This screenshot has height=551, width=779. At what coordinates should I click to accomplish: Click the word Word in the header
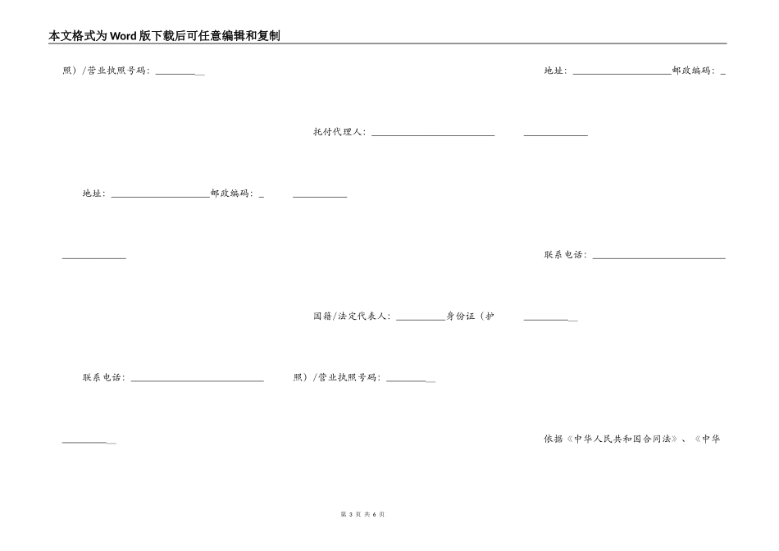(123, 36)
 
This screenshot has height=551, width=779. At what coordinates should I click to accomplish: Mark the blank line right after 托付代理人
(433, 135)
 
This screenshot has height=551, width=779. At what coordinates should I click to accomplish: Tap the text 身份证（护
(470, 316)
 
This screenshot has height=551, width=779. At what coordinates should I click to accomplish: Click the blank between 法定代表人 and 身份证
(421, 320)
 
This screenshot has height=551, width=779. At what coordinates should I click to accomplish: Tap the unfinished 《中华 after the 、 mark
(708, 439)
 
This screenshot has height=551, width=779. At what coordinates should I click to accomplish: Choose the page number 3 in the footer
(351, 514)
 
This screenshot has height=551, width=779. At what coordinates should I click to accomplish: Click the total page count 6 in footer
(374, 514)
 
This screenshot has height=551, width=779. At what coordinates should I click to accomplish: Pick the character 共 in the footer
(367, 514)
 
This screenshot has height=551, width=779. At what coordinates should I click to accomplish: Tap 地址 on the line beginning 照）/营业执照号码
(553, 71)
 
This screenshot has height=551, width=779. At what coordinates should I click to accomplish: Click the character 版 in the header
(144, 36)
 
